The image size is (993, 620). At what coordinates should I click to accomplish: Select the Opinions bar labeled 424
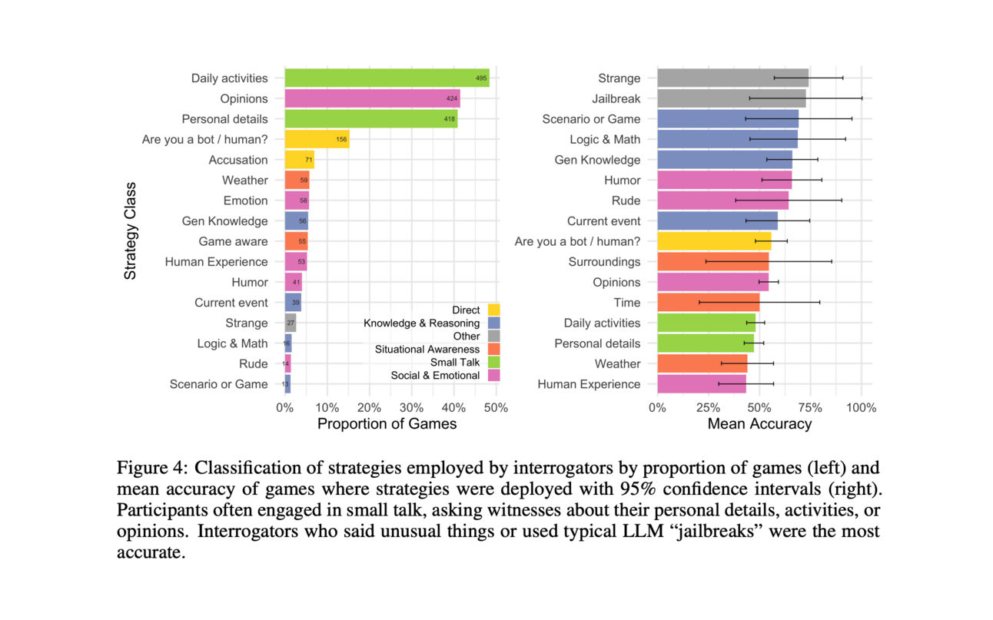372,98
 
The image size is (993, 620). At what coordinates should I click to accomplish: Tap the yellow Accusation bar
299,160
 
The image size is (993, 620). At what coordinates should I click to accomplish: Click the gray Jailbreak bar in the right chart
731,98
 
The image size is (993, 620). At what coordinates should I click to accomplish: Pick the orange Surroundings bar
712,262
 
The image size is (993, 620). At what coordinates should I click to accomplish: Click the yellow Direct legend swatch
493,310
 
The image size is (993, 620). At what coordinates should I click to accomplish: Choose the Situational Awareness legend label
427,350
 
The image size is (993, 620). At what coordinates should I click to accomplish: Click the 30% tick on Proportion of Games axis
412,408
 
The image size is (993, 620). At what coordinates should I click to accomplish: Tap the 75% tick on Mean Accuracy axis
809,408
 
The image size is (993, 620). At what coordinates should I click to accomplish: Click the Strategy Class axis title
131,230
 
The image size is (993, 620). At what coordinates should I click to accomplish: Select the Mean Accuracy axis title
759,424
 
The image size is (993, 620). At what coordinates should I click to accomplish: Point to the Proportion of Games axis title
387,424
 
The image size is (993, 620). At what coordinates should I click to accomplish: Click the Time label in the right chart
626,303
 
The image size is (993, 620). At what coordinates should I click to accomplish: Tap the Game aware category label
233,241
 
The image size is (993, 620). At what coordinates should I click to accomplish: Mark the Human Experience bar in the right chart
701,384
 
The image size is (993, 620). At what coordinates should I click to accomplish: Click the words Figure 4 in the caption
150,468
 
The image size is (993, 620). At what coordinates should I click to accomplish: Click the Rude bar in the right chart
722,201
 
